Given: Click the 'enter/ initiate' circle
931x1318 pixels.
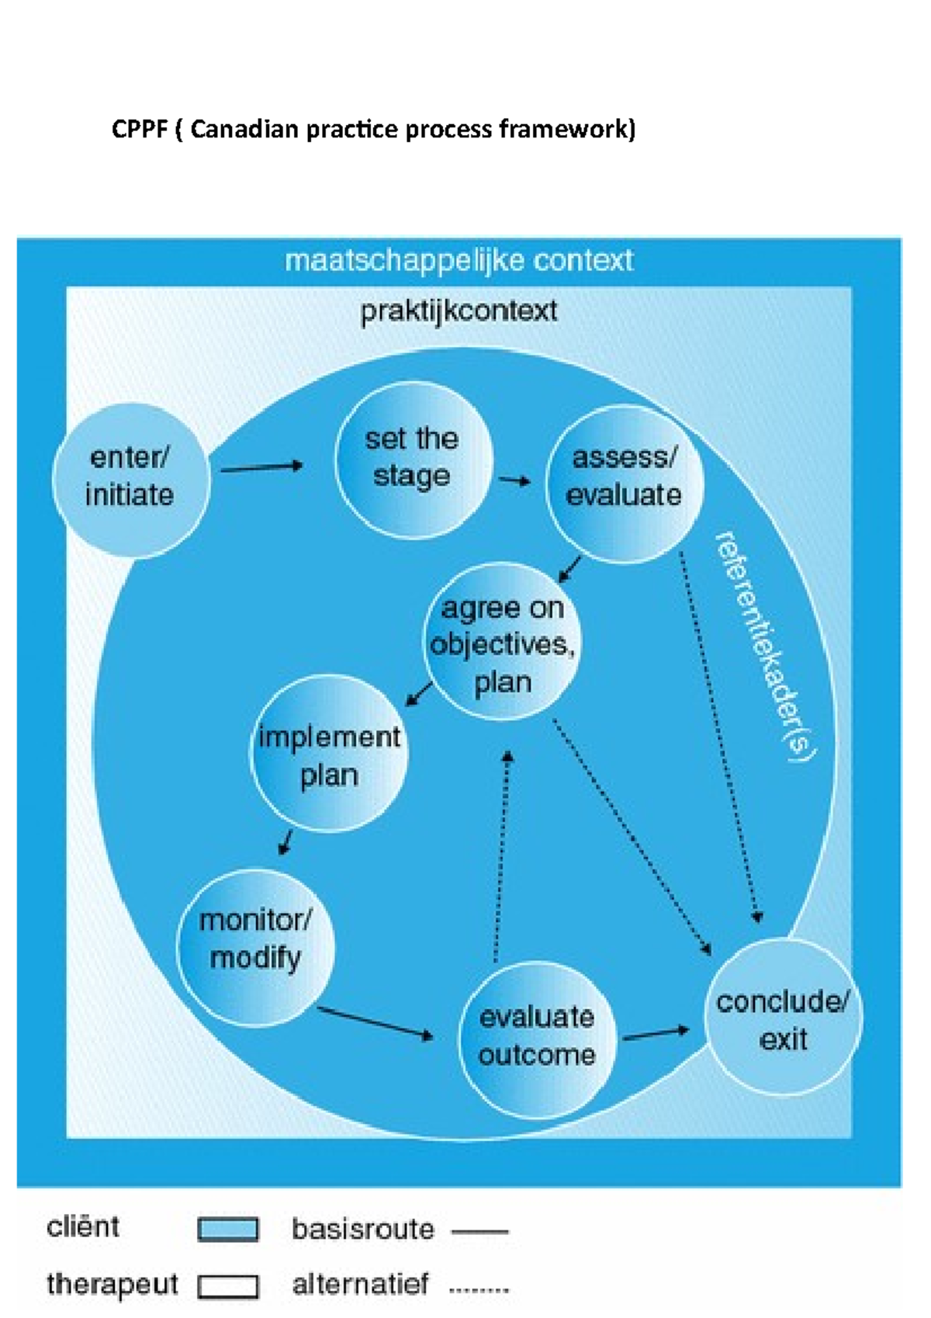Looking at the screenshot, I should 130,478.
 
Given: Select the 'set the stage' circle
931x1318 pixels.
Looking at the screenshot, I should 413,459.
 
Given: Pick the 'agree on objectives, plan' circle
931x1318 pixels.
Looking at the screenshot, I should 503,643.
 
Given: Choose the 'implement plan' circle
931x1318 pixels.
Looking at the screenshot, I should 329,754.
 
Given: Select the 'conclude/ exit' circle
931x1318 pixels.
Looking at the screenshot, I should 783,1017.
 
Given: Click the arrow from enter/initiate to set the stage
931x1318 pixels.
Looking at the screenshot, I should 261,467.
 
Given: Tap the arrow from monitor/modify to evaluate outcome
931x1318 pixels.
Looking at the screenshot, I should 376,1022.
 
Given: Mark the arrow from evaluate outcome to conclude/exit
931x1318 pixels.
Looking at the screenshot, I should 656,1034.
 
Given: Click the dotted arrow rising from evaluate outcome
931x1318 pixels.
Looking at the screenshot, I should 502,854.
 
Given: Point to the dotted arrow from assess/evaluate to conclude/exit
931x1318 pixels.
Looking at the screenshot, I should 720,737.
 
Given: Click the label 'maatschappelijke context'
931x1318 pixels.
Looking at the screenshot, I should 459,261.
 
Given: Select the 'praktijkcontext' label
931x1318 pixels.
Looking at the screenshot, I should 459,311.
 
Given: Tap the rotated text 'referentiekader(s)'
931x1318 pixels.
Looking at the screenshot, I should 764,646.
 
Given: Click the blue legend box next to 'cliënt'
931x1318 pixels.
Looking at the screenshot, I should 227,1230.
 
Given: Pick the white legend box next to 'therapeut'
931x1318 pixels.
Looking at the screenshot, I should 227,1286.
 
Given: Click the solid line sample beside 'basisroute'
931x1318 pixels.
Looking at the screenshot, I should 479,1231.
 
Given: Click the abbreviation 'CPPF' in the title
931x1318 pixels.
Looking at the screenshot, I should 139,129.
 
